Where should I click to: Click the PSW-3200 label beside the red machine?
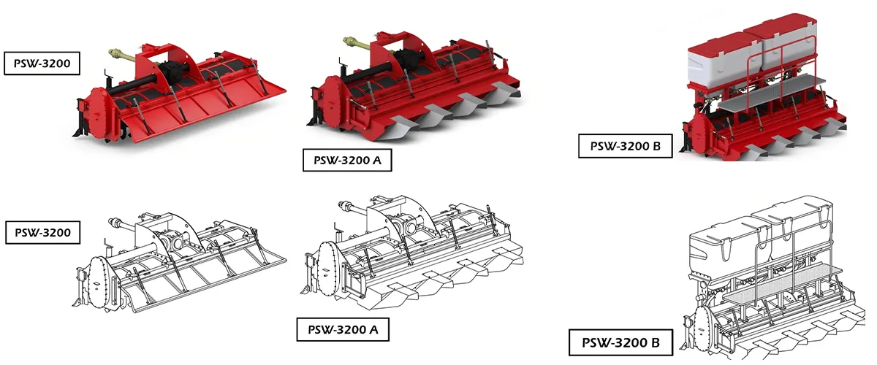42,64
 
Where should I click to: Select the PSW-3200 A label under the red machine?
347,160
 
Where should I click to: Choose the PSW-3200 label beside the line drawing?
42,233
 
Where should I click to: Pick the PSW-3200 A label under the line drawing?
342,329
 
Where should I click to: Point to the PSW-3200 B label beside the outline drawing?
615,342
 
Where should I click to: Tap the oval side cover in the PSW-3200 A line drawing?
328,268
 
